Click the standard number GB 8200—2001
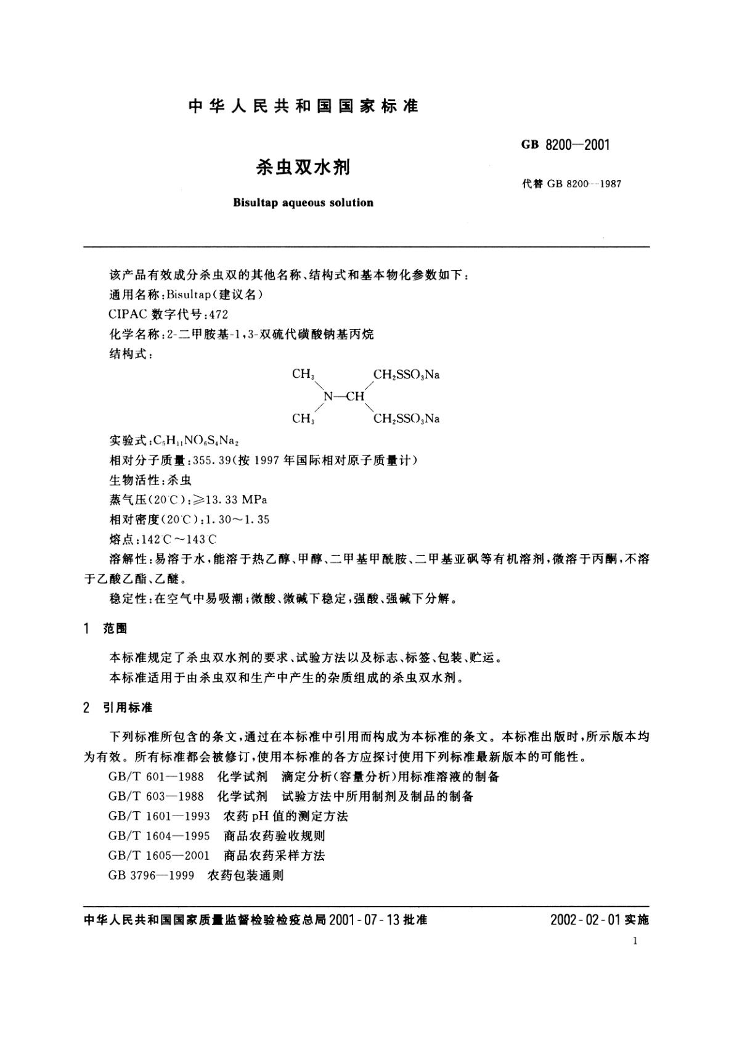click(565, 145)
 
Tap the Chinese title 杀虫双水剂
click(303, 167)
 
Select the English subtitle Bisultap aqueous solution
click(303, 203)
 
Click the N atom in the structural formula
click(328, 396)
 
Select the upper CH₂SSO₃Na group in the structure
click(406, 375)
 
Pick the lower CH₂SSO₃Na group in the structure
click(406, 419)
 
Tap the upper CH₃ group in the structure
click(303, 375)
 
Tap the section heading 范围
click(115, 629)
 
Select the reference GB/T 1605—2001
click(158, 856)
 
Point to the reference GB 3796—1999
click(151, 875)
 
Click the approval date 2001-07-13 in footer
click(365, 920)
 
